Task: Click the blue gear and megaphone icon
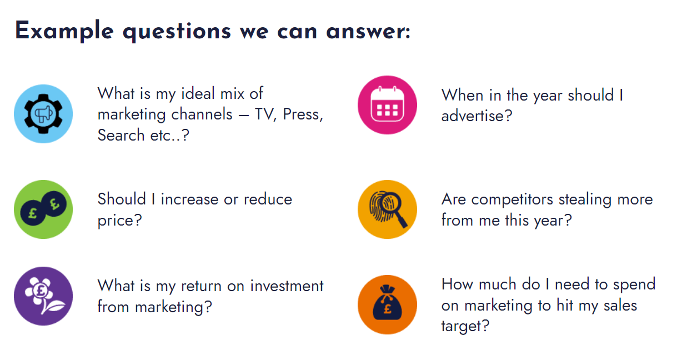point(43,114)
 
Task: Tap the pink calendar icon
point(387,105)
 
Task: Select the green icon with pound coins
point(43,209)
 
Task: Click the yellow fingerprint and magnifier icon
point(387,209)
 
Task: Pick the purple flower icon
point(43,296)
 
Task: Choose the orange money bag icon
point(387,304)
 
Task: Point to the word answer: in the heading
point(368,32)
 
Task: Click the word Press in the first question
point(303,114)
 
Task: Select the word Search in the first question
point(121,136)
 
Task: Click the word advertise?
point(477,116)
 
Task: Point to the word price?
point(120,221)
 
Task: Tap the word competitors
point(512,200)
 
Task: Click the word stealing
point(585,200)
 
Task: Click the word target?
point(465,327)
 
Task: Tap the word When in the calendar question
point(462,95)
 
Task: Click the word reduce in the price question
point(268,199)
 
